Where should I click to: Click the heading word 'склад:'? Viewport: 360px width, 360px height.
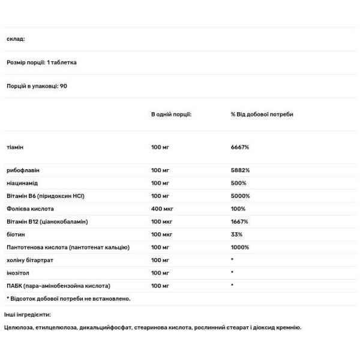16,39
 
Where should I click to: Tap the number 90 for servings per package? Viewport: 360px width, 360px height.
64,86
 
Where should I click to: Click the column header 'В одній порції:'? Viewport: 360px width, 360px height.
171,114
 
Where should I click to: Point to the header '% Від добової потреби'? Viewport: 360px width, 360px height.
262,114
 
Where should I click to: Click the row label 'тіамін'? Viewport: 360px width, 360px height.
16,147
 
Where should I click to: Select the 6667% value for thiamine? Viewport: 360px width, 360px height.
240,147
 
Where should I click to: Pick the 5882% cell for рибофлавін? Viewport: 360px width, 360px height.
240,170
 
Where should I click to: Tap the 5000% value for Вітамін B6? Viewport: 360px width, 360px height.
240,196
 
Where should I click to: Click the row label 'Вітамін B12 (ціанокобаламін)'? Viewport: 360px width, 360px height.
47,221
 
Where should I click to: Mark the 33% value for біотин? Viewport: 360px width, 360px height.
236,234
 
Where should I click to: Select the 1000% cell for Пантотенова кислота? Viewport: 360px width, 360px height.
240,247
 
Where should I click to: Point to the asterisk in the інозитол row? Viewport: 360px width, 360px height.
232,272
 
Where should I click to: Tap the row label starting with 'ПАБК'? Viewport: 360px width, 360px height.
58,285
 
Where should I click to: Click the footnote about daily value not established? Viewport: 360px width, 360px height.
68,298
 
